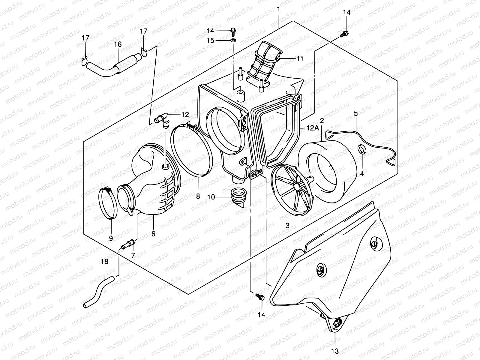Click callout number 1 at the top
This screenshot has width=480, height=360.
pyautogui.click(x=279, y=9)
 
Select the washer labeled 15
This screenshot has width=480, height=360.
pyautogui.click(x=233, y=40)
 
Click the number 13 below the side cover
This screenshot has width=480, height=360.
pyautogui.click(x=334, y=351)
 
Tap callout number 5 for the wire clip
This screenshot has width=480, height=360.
pyautogui.click(x=355, y=113)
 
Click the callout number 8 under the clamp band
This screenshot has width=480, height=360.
pyautogui.click(x=198, y=196)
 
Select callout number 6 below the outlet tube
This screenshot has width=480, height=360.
pyautogui.click(x=153, y=233)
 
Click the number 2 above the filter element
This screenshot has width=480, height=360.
pyautogui.click(x=322, y=121)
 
